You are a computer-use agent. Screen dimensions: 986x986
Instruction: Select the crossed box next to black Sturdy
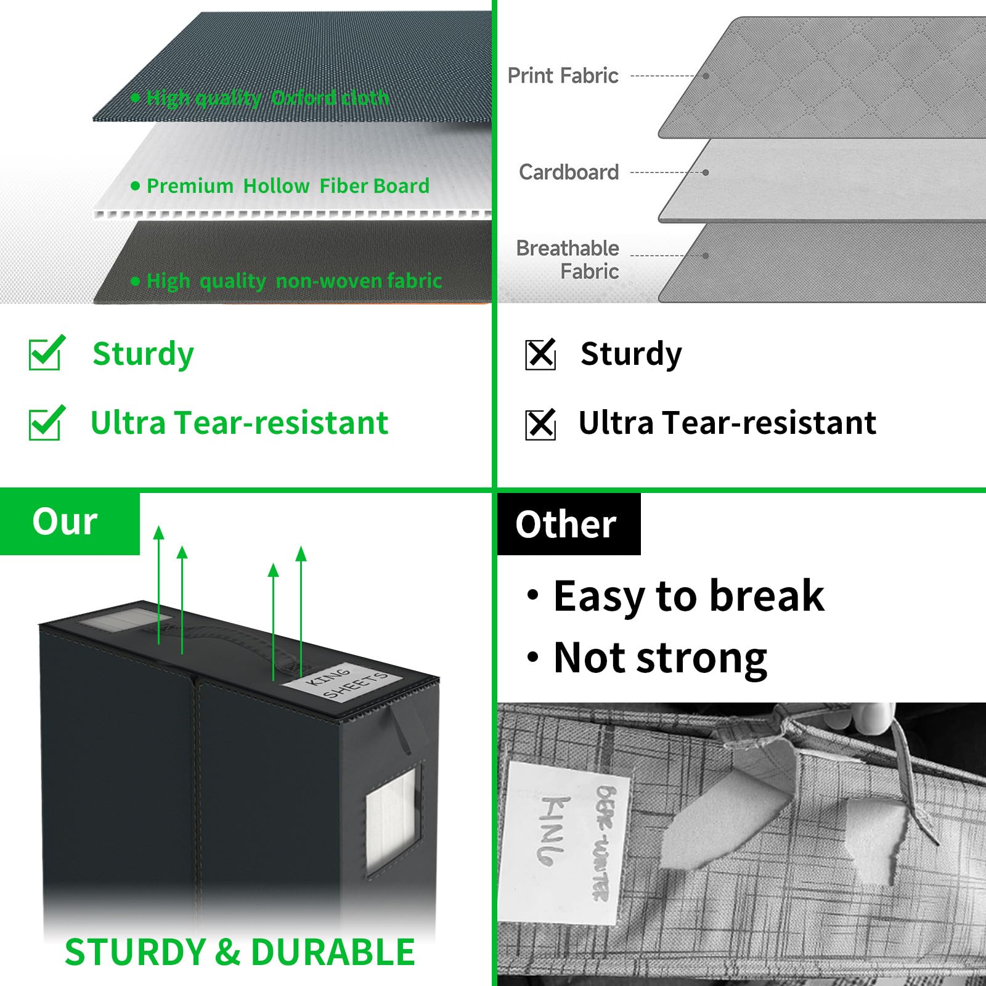pos(540,354)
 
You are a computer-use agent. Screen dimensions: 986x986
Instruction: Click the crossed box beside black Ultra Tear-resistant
pos(540,424)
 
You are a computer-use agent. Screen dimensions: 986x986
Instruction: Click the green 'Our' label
pos(65,522)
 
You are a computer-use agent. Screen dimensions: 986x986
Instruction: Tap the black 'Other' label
pos(566,524)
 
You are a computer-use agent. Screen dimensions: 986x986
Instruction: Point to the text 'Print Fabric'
pos(563,76)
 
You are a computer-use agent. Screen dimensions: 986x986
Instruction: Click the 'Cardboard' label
pos(568,172)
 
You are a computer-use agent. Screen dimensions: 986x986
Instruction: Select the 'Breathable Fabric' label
pos(568,259)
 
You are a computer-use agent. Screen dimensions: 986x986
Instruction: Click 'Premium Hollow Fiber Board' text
pos(287,186)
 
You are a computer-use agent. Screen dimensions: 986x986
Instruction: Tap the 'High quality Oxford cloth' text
pos(267,97)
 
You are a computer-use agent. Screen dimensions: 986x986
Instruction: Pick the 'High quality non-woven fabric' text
pos(293,281)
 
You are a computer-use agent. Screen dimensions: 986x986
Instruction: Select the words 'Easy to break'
pos(688,596)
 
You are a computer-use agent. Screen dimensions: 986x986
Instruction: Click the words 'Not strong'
pos(659,658)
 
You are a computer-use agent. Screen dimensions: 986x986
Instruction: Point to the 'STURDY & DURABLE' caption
pos(240,952)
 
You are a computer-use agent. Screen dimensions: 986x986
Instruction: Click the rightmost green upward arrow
pos(301,610)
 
